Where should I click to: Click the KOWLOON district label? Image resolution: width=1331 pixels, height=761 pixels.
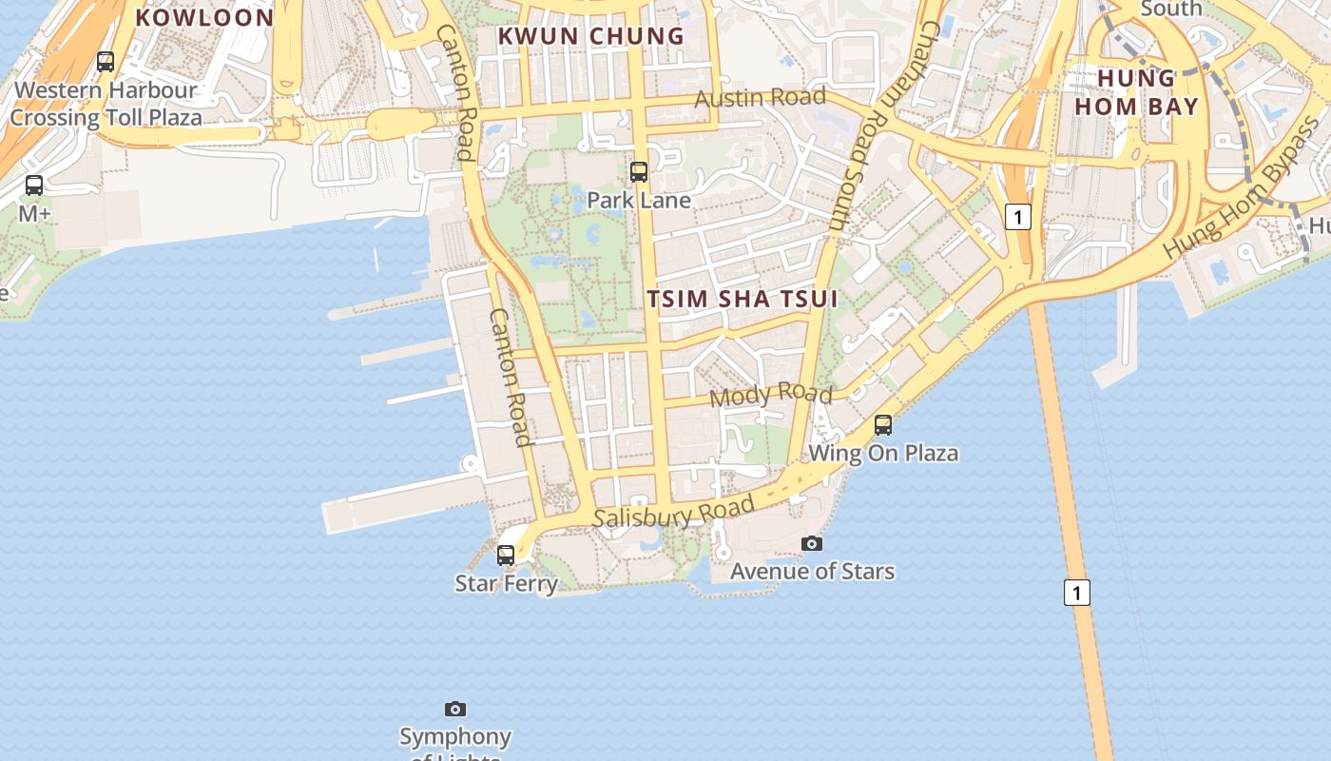click(204, 17)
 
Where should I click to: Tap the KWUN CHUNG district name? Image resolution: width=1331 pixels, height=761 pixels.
click(591, 36)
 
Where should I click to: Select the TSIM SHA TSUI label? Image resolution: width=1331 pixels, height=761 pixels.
click(743, 299)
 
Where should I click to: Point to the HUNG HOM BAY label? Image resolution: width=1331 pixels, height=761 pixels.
click(1137, 91)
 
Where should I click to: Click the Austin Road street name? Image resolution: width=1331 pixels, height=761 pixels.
click(760, 98)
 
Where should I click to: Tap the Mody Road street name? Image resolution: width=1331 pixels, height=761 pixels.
click(771, 394)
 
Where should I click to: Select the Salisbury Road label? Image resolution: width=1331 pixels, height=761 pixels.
click(673, 512)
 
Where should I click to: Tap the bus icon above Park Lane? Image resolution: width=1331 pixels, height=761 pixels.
click(639, 172)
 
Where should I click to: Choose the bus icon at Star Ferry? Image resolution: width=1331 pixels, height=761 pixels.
click(506, 555)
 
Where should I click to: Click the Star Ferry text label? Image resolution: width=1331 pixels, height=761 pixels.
click(506, 583)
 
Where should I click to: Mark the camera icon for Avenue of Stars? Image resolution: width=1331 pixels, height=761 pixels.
click(812, 543)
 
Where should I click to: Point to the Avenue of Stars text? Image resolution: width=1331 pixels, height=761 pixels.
click(812, 572)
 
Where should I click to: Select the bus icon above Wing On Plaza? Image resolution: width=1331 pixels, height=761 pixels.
click(883, 425)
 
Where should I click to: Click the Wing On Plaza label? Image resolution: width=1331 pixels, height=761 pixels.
click(883, 453)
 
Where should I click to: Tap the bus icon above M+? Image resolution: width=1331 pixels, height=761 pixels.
click(34, 185)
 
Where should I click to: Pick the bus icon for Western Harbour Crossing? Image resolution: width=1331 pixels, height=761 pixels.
click(106, 62)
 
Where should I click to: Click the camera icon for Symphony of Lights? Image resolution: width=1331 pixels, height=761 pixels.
click(455, 709)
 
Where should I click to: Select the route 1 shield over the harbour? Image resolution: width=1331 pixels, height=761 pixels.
click(1076, 593)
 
